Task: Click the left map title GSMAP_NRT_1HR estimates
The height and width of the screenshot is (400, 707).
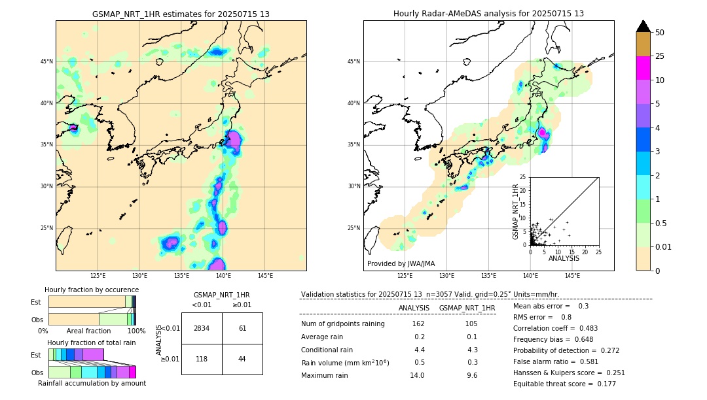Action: click(181, 14)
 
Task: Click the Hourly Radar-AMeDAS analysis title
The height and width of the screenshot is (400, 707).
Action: click(488, 14)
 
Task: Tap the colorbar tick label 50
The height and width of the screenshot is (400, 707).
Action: click(660, 33)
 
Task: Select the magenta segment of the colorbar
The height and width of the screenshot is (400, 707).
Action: click(644, 68)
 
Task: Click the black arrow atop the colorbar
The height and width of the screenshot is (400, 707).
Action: click(644, 26)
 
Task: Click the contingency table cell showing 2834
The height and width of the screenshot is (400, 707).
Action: click(202, 328)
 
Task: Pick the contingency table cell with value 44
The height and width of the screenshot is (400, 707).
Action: click(242, 359)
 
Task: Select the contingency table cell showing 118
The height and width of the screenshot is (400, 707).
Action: click(202, 359)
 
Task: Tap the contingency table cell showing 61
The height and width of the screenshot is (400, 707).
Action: click(242, 328)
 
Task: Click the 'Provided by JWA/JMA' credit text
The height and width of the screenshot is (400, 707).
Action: click(401, 263)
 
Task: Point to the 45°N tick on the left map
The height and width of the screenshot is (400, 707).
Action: click(46, 61)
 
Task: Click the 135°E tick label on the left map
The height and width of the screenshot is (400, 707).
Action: click(181, 276)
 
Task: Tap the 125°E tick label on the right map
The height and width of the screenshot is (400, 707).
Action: click(405, 276)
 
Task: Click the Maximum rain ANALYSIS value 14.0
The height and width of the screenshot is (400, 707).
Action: click(418, 375)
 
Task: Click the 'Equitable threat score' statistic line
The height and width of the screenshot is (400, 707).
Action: click(564, 384)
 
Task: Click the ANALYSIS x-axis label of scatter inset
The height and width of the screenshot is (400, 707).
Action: click(564, 258)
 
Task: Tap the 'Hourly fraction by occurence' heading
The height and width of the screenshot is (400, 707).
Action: click(92, 290)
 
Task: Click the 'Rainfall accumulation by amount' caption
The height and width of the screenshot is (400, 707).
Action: click(92, 383)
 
